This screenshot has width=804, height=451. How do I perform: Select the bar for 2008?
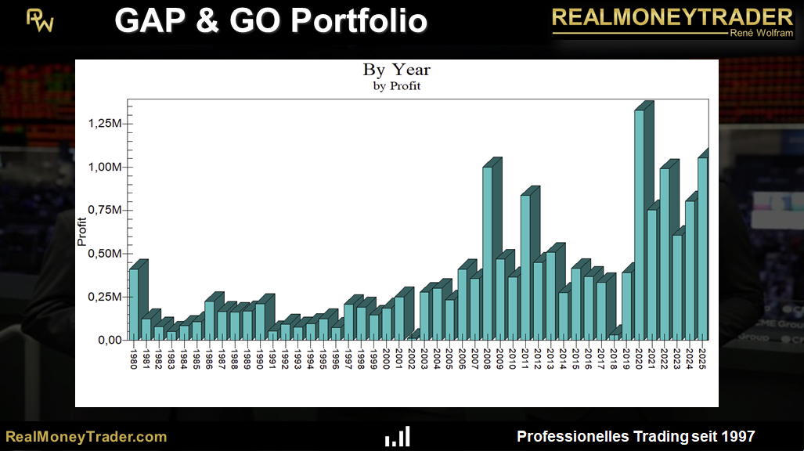[x=488, y=254]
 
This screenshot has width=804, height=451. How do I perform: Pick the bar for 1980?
[x=134, y=305]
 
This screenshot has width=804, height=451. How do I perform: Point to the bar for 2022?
[x=665, y=254]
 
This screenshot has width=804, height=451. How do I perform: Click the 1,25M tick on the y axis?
[x=104, y=124]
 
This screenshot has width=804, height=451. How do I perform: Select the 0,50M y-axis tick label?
[x=104, y=254]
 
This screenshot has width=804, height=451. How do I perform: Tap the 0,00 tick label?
[x=109, y=340]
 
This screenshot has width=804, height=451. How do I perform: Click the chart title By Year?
[x=396, y=70]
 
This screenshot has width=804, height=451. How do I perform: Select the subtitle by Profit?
[x=396, y=86]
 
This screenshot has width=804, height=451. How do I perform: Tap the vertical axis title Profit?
[x=81, y=231]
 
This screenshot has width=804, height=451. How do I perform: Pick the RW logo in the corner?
[x=41, y=21]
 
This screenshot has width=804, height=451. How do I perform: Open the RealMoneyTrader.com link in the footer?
[x=86, y=436]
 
